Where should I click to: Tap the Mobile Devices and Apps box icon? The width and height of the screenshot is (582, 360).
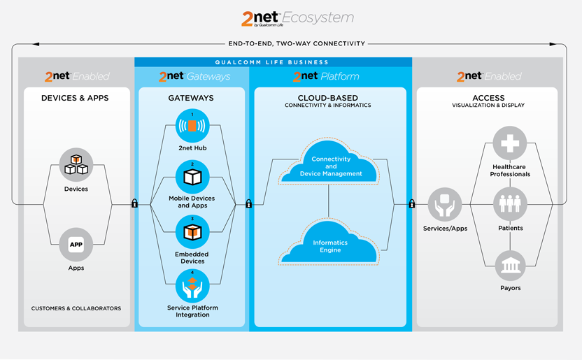[192, 178]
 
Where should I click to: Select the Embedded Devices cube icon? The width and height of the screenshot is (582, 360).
[192, 231]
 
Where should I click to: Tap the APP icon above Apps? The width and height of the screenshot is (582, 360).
[76, 245]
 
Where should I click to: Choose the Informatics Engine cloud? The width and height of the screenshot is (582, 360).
[329, 245]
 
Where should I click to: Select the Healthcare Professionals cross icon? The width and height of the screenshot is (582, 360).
[510, 144]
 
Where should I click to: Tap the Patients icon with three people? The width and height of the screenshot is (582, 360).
[510, 204]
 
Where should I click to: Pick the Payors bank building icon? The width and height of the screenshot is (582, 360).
[510, 265]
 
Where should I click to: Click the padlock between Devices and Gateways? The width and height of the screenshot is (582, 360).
[134, 204]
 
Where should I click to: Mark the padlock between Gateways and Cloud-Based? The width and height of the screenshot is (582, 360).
[248, 204]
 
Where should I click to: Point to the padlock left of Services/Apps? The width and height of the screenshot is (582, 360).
[411, 204]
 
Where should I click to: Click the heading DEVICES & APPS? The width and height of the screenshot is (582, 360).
[76, 98]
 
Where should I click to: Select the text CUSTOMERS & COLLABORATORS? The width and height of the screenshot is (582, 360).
[76, 308]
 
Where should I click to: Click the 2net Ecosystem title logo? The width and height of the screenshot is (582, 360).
[297, 18]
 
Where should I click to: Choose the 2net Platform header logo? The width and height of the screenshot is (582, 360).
[327, 76]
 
